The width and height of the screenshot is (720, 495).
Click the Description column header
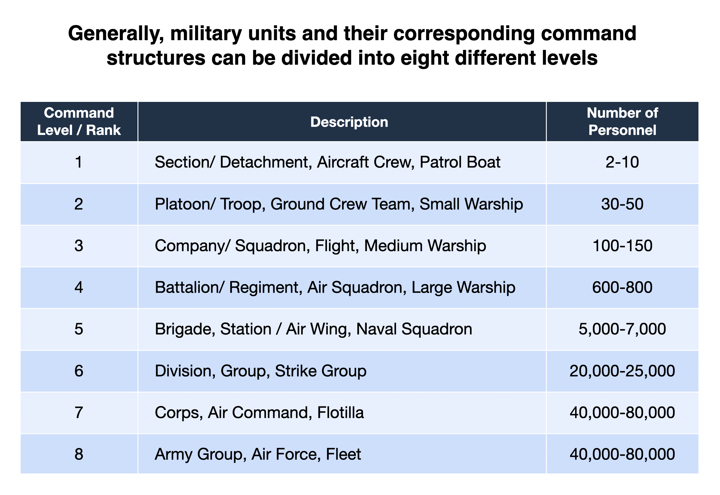(x=349, y=122)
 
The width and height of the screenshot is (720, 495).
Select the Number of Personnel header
(x=622, y=121)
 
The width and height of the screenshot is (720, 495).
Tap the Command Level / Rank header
(x=79, y=121)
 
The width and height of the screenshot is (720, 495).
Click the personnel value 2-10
(x=622, y=162)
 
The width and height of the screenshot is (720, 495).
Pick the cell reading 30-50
(x=622, y=204)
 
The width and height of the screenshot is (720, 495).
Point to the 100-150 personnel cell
(x=622, y=246)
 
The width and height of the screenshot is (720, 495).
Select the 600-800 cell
(x=622, y=287)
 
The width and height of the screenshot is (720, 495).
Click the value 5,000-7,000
(x=622, y=329)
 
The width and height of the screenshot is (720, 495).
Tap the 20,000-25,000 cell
(x=622, y=371)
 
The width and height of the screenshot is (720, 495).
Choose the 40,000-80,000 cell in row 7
(x=622, y=413)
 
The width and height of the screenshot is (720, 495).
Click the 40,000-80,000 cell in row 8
(x=622, y=454)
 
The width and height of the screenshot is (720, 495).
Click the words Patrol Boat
(x=460, y=162)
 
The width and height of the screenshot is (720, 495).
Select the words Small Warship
(x=471, y=204)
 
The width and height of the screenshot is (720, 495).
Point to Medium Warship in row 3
(x=425, y=246)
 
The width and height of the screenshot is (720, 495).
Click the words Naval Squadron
(x=414, y=329)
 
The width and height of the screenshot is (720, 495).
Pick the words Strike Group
(x=320, y=371)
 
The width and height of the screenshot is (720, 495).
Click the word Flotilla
(x=340, y=413)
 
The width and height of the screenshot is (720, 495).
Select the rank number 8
(x=79, y=454)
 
